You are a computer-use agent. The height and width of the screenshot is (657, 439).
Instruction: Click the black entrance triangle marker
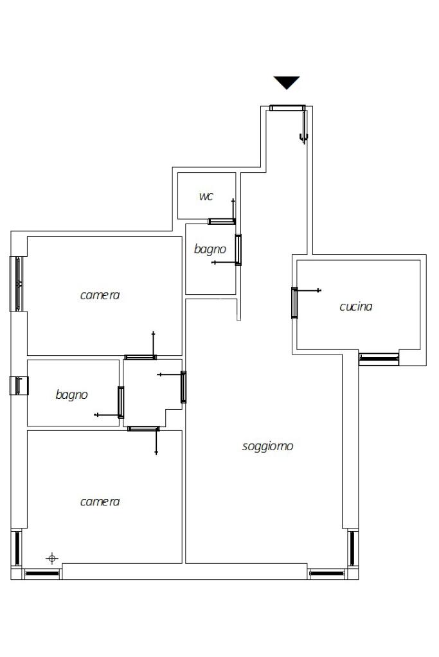(287, 82)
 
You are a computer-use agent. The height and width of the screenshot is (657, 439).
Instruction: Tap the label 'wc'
(206, 196)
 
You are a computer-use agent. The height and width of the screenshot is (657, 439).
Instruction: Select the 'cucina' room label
(355, 306)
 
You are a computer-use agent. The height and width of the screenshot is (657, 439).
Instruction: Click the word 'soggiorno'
(267, 446)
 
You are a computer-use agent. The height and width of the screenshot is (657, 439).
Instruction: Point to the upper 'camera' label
(100, 295)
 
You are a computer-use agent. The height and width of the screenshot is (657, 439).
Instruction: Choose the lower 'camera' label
(100, 502)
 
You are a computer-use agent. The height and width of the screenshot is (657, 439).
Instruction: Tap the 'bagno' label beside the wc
(210, 249)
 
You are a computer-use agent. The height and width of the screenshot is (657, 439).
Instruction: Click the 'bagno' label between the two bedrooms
(71, 395)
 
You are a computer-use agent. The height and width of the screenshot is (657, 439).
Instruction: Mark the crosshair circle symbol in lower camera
(53, 558)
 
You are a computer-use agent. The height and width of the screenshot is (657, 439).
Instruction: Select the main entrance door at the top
(287, 108)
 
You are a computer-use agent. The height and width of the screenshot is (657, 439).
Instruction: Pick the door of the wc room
(222, 222)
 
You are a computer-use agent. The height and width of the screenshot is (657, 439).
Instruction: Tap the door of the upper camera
(141, 357)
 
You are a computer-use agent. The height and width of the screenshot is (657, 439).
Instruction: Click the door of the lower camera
(143, 428)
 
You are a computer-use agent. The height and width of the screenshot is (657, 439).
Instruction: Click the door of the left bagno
(121, 402)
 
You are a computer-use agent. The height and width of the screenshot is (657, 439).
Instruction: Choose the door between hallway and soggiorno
(183, 387)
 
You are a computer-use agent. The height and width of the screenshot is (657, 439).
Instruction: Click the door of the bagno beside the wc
(238, 250)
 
